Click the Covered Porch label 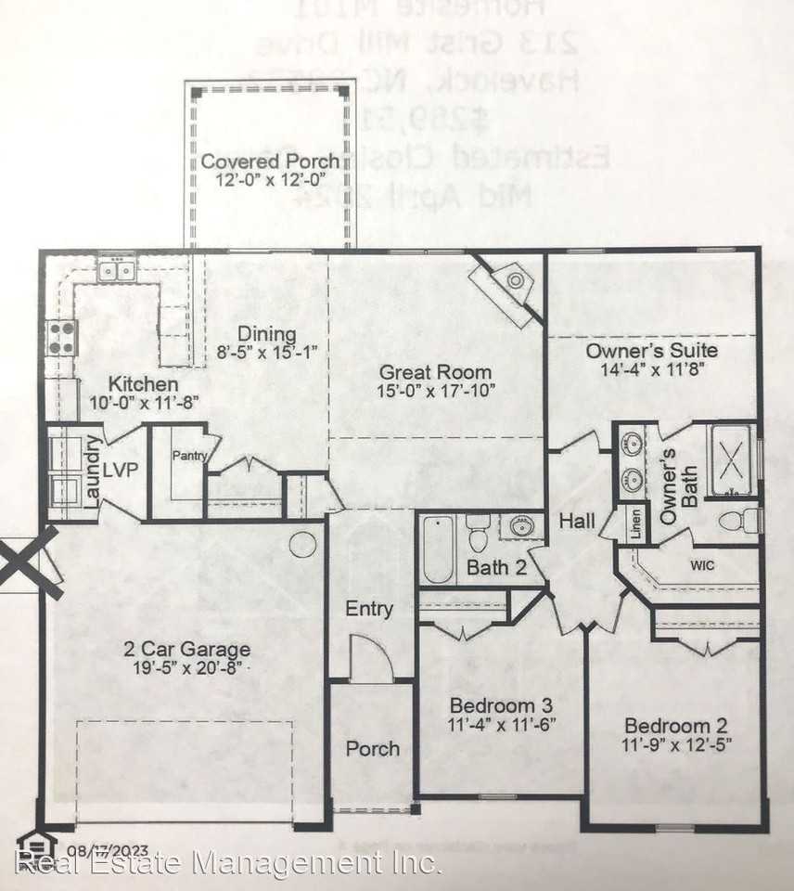pyautogui.click(x=270, y=161)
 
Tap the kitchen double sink pyautogui.click(x=118, y=269)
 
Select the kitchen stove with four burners pyautogui.click(x=61, y=337)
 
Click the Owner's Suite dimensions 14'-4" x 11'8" pyautogui.click(x=651, y=368)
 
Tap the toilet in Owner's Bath pyautogui.click(x=746, y=520)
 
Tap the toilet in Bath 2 pyautogui.click(x=478, y=533)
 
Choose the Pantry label pyautogui.click(x=191, y=456)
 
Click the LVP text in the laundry pyautogui.click(x=122, y=470)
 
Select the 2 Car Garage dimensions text pyautogui.click(x=187, y=667)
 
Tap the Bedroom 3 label pyautogui.click(x=501, y=704)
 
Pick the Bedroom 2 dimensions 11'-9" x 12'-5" pyautogui.click(x=675, y=745)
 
